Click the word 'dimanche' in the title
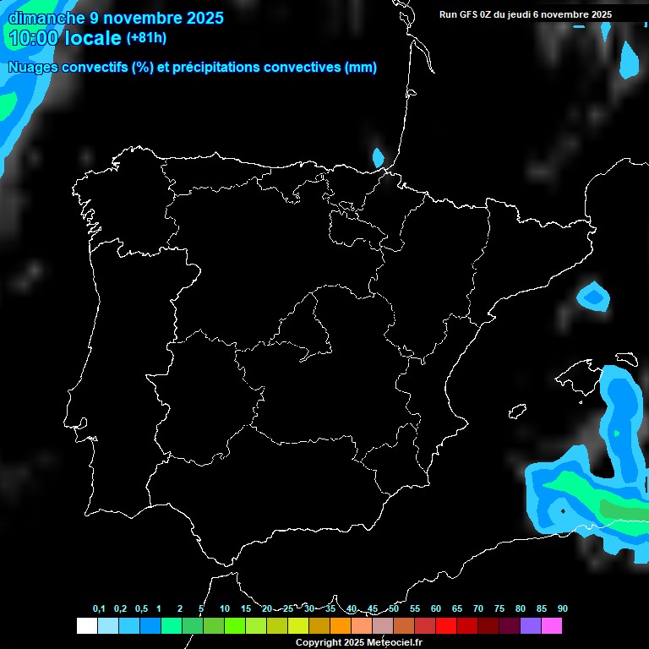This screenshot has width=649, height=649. tap(46, 18)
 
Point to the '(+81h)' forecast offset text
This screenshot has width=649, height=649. tap(146, 37)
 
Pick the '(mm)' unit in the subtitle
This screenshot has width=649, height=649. tap(361, 68)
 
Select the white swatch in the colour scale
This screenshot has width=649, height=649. tap(86, 626)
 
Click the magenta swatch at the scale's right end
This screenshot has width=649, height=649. tap(552, 626)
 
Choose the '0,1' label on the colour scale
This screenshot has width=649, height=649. tap(99, 608)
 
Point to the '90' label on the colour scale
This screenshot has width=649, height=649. tap(563, 608)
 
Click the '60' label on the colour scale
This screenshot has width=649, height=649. tap(436, 608)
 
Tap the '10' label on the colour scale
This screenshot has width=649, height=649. tap(225, 608)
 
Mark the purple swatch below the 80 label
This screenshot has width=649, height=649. tap(531, 626)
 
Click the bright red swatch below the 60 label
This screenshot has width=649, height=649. tap(446, 626)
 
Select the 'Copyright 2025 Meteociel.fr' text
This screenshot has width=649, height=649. tap(358, 642)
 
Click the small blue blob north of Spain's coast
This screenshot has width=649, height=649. tap(379, 157)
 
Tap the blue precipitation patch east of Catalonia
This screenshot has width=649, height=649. tap(593, 296)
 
